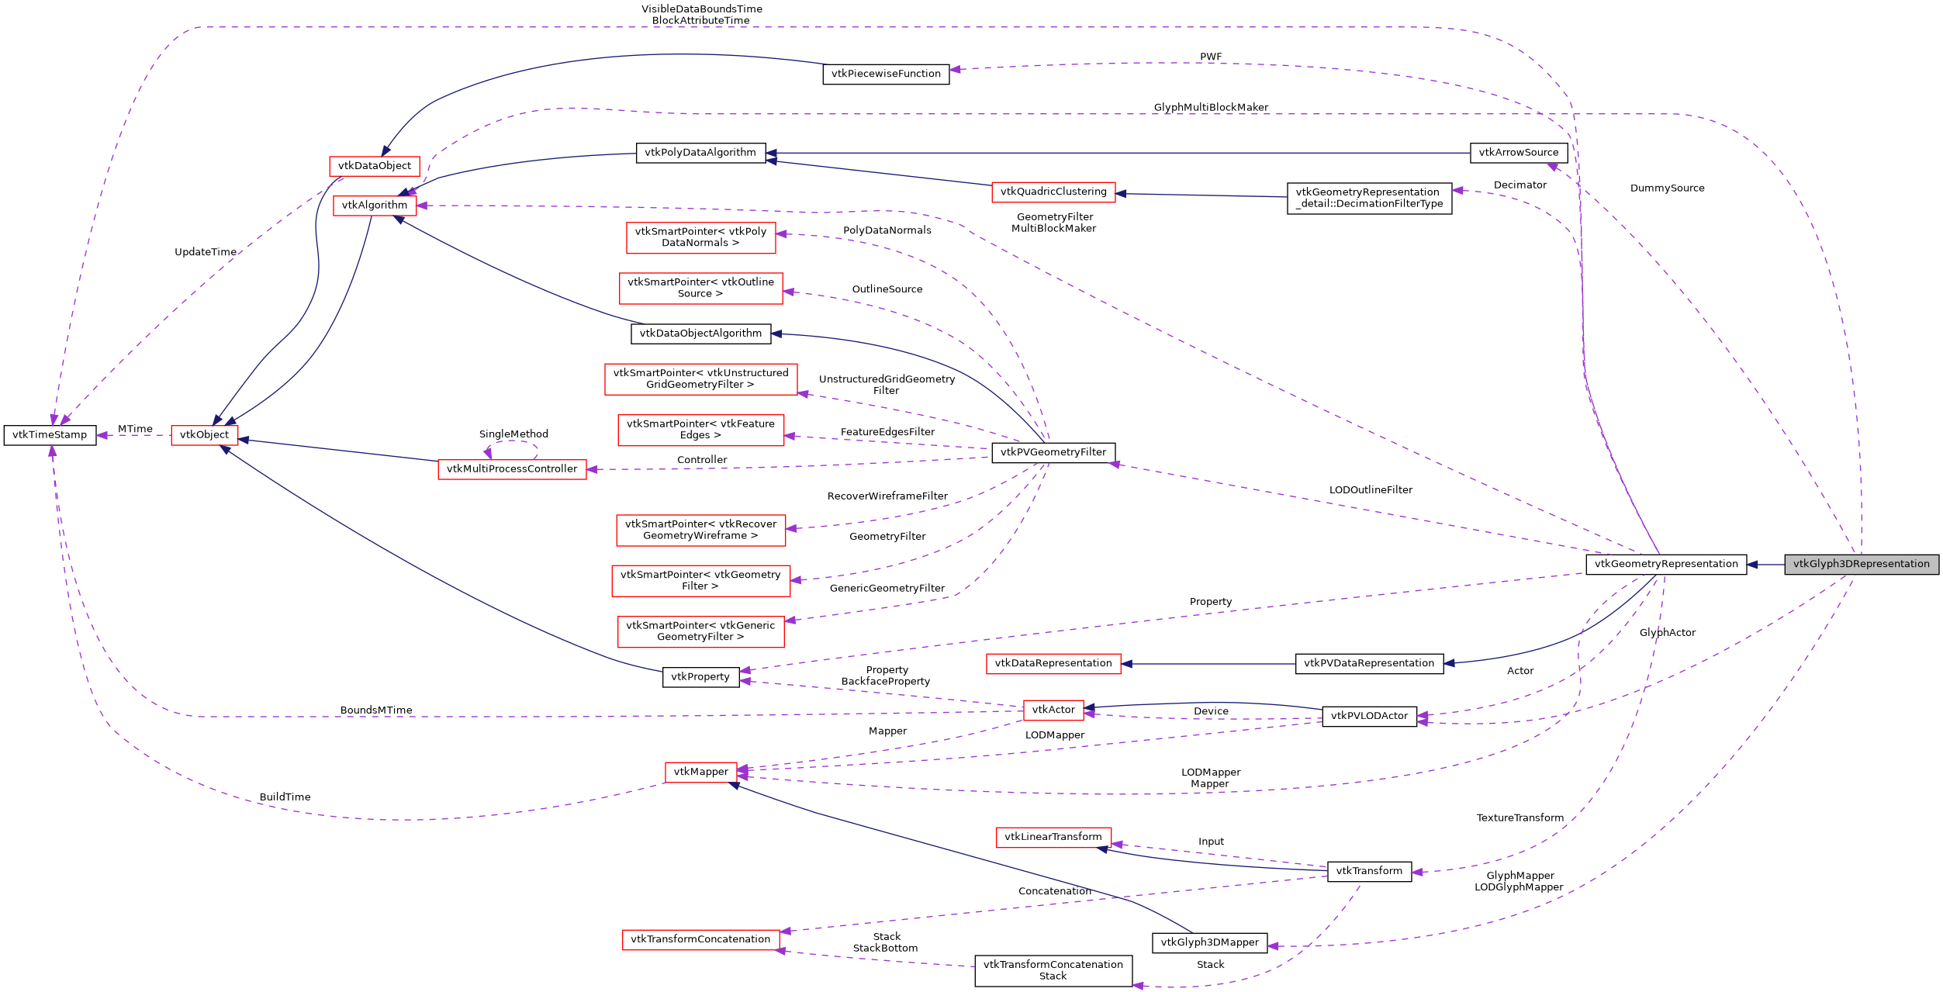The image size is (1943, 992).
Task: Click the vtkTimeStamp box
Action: [x=50, y=435]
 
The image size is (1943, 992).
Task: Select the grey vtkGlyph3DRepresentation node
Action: [x=1861, y=565]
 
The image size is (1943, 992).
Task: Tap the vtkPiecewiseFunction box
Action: [x=886, y=74]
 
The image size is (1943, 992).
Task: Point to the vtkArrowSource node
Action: [x=1518, y=153]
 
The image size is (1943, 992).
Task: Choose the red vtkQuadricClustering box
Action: [x=1053, y=192]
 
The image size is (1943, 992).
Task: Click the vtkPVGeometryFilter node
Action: [x=1053, y=452]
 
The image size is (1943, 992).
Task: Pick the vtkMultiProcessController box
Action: [x=512, y=469]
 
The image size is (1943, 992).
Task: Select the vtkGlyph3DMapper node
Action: [x=1209, y=943]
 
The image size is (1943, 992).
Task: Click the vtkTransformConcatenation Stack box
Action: [x=1053, y=971]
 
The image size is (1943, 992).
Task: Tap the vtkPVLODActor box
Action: [x=1369, y=717]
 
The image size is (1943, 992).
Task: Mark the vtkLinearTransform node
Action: [x=1053, y=837]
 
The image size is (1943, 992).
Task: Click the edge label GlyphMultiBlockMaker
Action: [x=1211, y=108]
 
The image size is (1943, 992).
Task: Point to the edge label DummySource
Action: [x=1667, y=188]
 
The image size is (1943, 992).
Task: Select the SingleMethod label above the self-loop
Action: [x=513, y=434]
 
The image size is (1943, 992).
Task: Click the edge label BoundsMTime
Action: [x=376, y=710]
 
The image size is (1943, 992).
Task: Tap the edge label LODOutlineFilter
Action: [x=1371, y=490]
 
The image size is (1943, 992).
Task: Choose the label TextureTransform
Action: [x=1519, y=818]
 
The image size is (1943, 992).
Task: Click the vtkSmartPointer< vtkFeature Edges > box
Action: [x=700, y=430]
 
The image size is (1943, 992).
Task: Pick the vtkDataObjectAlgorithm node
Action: [x=700, y=334]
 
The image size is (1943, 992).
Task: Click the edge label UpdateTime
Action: [x=206, y=252]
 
